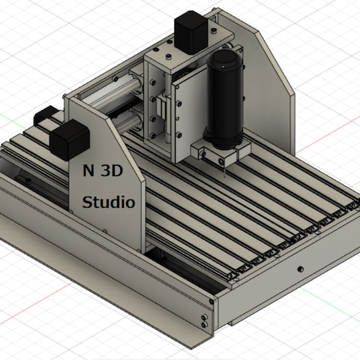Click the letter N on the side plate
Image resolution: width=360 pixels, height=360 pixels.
(88, 171)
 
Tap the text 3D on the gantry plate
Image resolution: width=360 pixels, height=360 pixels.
(112, 171)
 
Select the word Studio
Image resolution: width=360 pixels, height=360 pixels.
(109, 202)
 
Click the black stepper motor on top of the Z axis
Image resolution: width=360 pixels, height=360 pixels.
(191, 32)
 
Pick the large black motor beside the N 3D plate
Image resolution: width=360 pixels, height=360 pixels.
(70, 139)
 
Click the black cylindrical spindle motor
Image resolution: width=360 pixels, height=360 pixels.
(224, 100)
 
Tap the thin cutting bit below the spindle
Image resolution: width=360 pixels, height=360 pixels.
(225, 172)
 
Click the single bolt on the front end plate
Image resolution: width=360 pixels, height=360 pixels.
(300, 269)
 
